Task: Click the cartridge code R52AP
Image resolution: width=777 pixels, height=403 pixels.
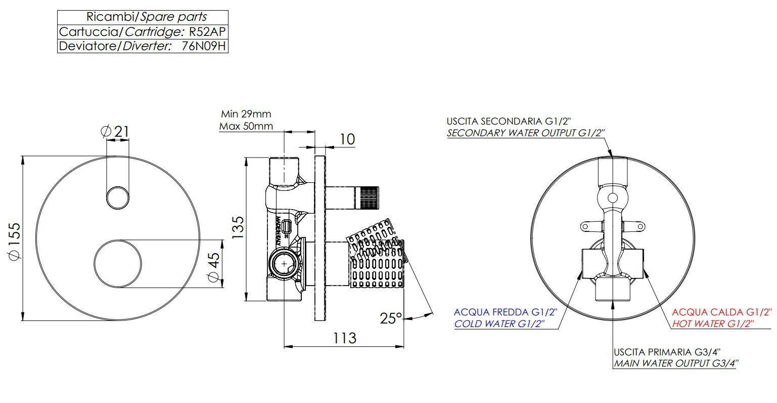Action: [x=207, y=32]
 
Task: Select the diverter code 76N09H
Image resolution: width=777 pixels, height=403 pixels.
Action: [x=204, y=46]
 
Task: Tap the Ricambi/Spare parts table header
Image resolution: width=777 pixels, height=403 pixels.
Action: [x=147, y=17]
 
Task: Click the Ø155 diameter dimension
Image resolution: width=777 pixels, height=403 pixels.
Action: [x=14, y=241]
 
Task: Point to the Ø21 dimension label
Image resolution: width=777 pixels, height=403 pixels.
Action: [x=115, y=132]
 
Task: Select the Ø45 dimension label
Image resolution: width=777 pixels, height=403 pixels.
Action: [x=213, y=267]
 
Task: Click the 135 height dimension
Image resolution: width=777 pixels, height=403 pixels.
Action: [x=238, y=227]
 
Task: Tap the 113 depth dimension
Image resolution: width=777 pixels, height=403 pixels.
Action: [x=344, y=338]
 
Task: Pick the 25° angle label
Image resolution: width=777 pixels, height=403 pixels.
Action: [x=391, y=318]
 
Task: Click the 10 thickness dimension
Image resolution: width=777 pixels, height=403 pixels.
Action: [x=347, y=139]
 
